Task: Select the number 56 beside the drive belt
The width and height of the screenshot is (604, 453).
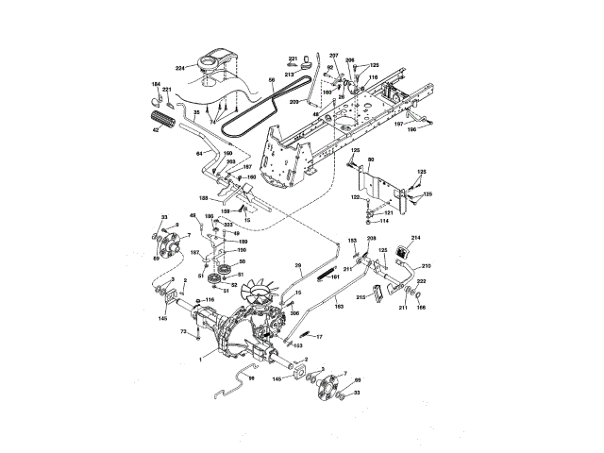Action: point(272,83)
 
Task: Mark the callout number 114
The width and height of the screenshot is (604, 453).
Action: point(384,221)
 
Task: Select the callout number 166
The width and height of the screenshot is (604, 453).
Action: point(421,307)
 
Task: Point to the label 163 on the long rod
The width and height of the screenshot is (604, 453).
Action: point(339,307)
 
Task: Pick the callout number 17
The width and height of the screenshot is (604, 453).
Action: point(319,337)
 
